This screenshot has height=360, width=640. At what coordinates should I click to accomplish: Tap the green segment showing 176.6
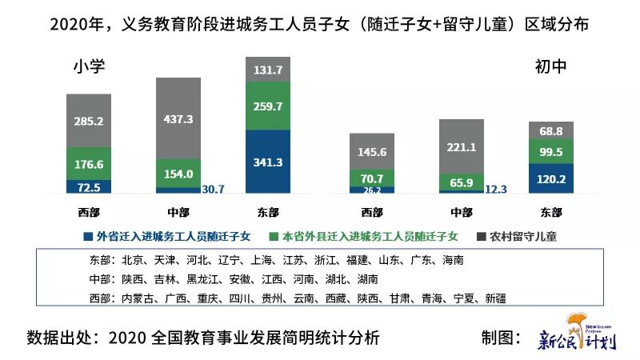tap(88, 163)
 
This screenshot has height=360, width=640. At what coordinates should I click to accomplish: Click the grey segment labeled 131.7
tap(267, 70)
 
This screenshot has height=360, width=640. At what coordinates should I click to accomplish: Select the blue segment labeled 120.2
tap(550, 179)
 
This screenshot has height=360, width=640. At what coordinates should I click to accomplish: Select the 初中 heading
tap(550, 68)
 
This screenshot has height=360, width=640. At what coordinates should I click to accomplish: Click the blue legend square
tap(87, 237)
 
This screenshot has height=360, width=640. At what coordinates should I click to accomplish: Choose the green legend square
tap(274, 237)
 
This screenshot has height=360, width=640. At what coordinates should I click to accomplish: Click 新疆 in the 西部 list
tap(492, 298)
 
